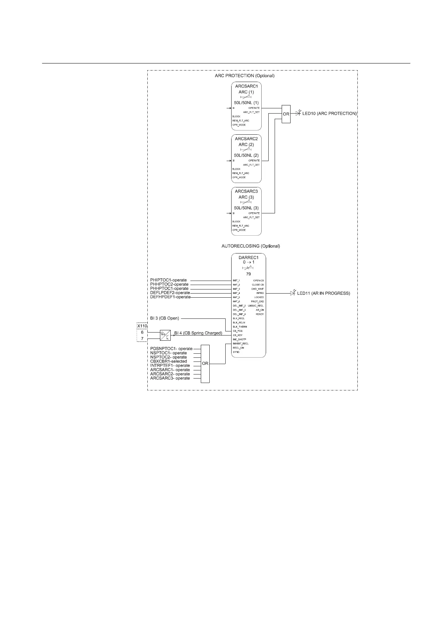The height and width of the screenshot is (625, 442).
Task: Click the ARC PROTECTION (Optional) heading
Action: click(245, 76)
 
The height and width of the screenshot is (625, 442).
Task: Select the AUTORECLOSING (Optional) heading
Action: click(251, 246)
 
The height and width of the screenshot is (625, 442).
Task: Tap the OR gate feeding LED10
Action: click(286, 114)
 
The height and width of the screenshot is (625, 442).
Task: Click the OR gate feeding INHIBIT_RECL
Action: click(205, 364)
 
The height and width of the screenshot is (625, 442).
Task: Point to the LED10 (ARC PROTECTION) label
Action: click(330, 113)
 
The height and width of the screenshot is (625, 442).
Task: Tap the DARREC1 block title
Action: click(249, 257)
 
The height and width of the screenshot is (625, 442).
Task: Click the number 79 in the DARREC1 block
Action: click(248, 274)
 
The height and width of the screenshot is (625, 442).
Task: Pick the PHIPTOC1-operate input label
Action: click(168, 280)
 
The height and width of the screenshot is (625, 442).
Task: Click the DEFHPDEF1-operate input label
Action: click(170, 297)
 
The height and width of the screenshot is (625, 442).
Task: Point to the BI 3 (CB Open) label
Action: click(164, 318)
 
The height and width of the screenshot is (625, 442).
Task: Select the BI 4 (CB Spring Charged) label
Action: click(198, 333)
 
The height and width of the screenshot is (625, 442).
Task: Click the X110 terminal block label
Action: click(143, 326)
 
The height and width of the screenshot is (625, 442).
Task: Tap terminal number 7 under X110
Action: click(142, 339)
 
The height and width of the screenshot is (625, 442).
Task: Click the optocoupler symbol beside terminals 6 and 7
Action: click(165, 335)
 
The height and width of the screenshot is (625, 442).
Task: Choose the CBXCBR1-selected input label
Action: click(168, 361)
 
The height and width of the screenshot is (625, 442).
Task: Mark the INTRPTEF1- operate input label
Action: click(170, 366)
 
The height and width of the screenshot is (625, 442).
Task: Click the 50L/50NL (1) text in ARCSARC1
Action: click(246, 102)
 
